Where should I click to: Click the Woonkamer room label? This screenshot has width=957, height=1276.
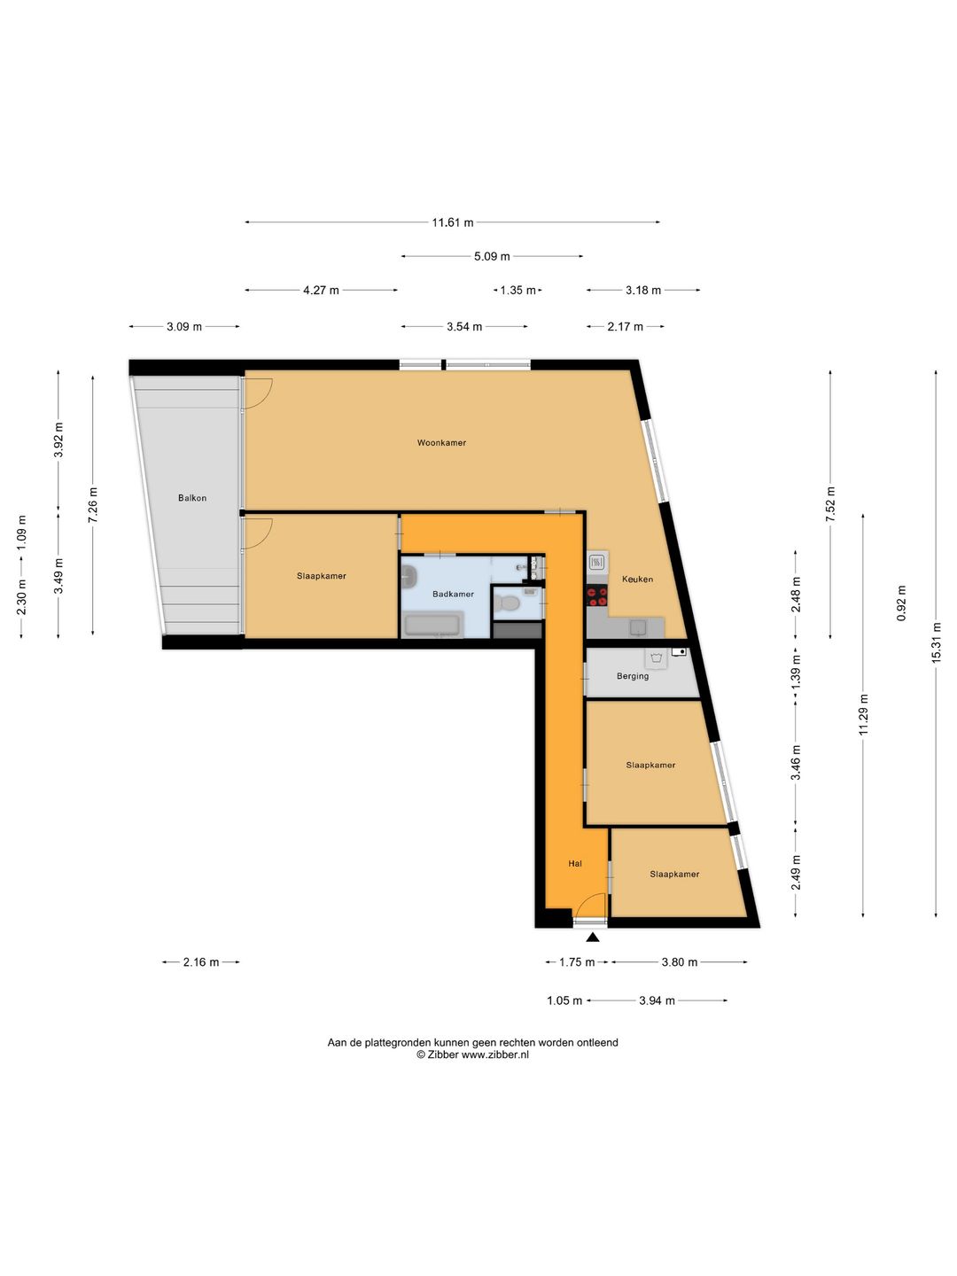441,443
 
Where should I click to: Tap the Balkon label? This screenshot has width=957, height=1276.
192,498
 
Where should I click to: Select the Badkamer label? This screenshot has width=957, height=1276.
453,594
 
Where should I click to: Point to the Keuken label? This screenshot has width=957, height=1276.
637,579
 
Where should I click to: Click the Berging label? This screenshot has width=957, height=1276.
633,676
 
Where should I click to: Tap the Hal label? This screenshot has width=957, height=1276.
575,864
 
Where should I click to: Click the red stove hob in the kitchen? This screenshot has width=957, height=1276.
597,596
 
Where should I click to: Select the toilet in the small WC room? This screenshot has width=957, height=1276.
509,603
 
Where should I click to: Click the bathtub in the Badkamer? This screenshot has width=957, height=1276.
433,625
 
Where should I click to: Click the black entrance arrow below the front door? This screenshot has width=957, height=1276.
593,938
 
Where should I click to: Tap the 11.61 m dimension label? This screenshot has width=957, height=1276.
452,222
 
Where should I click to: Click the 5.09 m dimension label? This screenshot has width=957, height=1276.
492,256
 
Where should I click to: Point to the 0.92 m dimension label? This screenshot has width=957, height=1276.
901,603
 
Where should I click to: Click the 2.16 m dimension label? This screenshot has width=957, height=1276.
201,962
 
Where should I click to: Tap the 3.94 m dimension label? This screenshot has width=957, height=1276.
657,1000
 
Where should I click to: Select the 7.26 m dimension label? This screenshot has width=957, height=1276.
93,504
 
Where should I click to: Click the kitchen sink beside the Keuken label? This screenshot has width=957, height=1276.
596,562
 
